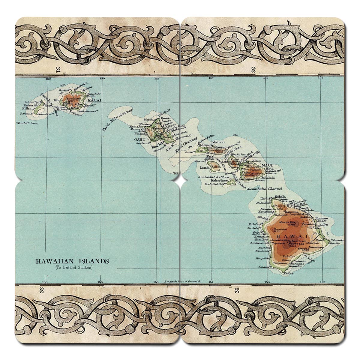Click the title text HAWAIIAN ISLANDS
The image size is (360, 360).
tap(72, 261)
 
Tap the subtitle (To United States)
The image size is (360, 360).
tap(73, 267)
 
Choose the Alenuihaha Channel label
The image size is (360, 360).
tap(264, 189)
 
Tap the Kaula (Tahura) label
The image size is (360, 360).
tap(25, 123)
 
